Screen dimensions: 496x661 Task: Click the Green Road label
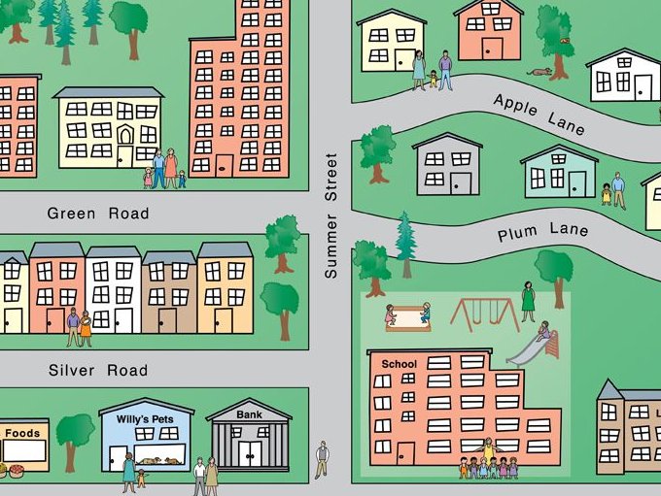98,214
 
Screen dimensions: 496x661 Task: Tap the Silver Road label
98,370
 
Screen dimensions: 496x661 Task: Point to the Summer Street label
330,215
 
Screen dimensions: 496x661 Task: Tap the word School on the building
400,364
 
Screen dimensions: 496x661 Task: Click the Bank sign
249,414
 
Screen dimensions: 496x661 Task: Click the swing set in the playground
484,313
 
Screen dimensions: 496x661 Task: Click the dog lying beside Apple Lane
539,72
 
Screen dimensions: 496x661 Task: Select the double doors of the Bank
250,453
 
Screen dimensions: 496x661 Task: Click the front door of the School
405,453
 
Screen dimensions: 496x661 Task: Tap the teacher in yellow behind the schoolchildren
488,448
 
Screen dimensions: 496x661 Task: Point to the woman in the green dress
528,300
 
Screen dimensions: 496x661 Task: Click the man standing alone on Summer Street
322,458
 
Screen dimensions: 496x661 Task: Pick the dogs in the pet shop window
158,458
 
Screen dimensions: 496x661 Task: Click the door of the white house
643,86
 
